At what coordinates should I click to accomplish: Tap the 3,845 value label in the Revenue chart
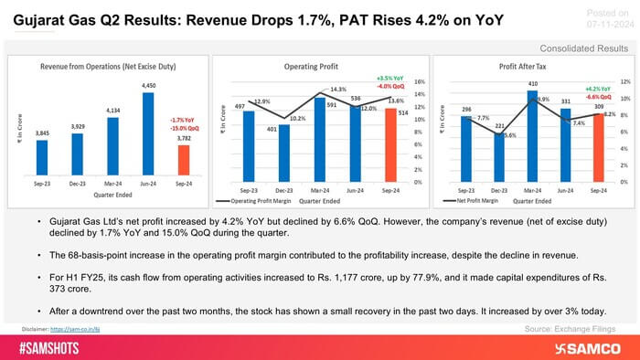point(43,132)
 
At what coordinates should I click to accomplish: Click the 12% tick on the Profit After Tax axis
point(625,81)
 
